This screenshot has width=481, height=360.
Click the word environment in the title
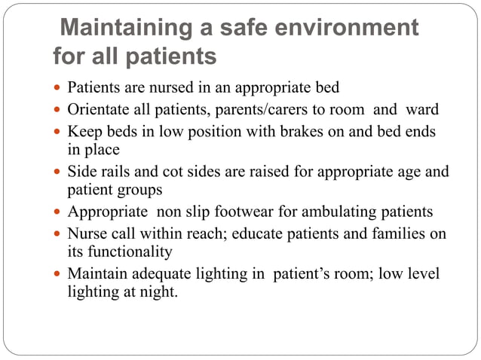341,29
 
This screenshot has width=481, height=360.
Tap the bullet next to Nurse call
60,234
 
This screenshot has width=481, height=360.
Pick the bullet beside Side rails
60,172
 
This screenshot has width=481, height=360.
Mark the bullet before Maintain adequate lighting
60,273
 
